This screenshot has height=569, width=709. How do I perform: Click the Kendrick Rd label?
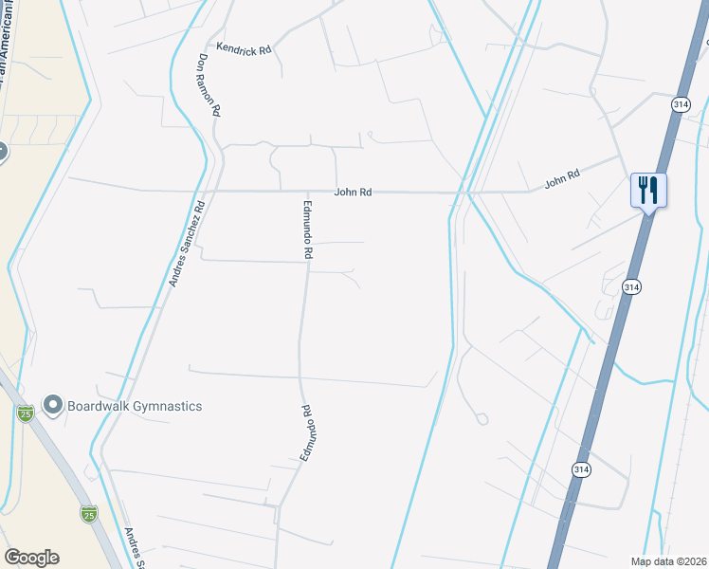click(x=244, y=46)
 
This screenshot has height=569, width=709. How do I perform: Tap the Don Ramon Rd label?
click(x=209, y=84)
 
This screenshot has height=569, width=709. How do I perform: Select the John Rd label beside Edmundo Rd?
click(x=352, y=193)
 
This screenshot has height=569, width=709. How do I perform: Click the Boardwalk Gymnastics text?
click(x=135, y=406)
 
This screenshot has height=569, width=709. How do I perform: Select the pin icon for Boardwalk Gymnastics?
click(x=53, y=406)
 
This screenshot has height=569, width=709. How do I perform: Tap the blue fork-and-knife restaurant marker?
click(x=649, y=190)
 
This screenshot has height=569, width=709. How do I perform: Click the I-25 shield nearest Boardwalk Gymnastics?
click(x=26, y=413)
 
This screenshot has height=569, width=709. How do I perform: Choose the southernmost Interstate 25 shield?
click(x=89, y=514)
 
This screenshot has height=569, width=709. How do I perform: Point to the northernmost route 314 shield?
click(x=680, y=105)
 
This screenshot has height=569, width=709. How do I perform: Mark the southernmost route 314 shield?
click(x=582, y=469)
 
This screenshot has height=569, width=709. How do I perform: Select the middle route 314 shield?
click(x=631, y=286)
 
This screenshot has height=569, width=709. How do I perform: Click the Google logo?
click(x=31, y=558)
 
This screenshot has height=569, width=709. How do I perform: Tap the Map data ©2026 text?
click(x=667, y=561)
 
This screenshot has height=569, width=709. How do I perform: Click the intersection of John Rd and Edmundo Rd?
click(x=307, y=192)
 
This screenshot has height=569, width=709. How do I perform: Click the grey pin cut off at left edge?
click(x=2, y=150)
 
